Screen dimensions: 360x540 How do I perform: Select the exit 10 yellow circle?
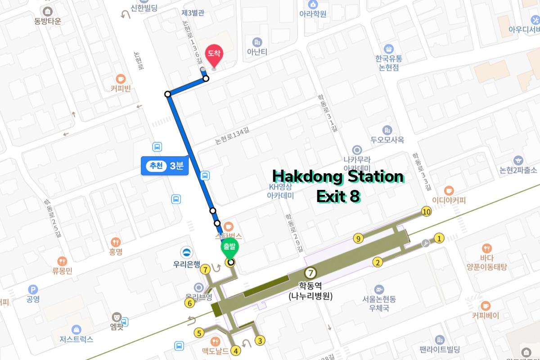(x=426, y=211)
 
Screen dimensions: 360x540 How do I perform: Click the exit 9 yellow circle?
(x=358, y=238)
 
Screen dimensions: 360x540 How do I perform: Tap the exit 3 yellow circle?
(x=260, y=341)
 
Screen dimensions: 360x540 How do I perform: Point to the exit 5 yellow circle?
(x=198, y=333)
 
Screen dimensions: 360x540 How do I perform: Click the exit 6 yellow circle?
(x=189, y=304)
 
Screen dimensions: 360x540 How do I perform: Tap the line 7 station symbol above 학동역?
(x=310, y=273)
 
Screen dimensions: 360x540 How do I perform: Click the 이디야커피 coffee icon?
(x=449, y=190)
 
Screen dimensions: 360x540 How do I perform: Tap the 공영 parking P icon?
(x=33, y=289)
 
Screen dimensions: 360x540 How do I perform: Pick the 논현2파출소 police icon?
(x=518, y=160)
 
